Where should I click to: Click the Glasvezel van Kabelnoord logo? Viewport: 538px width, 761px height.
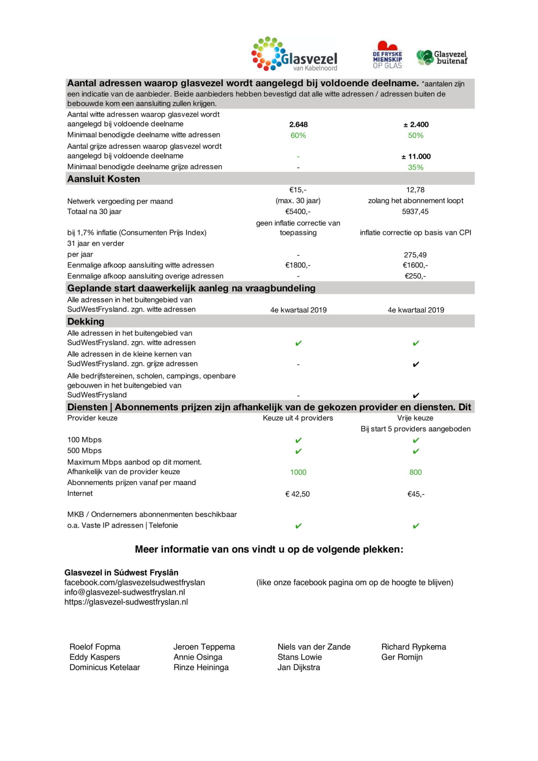tap(295, 55)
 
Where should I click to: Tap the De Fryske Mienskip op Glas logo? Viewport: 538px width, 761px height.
tap(387, 55)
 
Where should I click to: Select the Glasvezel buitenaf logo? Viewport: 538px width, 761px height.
tap(442, 57)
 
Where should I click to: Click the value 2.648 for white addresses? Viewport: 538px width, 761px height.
tap(298, 124)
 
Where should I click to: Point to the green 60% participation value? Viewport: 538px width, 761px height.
tap(298, 136)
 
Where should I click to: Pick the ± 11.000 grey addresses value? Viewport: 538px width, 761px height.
tap(416, 157)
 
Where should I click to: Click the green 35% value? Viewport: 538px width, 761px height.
tap(416, 167)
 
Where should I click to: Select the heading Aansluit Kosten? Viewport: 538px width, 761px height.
tap(103, 179)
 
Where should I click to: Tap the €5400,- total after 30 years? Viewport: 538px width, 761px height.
tap(298, 212)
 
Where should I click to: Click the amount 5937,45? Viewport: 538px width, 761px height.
tap(415, 212)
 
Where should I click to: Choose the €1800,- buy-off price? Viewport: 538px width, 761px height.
tap(298, 265)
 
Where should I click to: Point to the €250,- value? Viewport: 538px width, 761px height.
tap(415, 276)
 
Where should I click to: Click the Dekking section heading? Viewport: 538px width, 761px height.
tap(86, 321)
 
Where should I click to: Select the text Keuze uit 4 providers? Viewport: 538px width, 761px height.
tap(298, 418)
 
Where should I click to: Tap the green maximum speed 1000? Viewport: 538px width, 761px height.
tap(298, 472)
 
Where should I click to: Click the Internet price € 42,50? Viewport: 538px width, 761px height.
tap(298, 494)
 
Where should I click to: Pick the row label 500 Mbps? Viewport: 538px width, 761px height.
tap(84, 451)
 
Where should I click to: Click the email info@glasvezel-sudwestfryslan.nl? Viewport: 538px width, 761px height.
tap(125, 592)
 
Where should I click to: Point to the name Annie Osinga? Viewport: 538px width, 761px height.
tap(198, 657)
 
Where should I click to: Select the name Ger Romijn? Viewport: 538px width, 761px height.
tap(402, 657)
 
